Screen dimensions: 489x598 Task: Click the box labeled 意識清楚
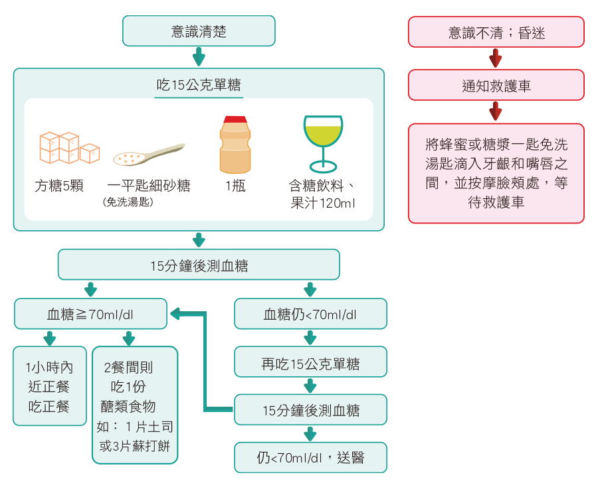tap(199, 31)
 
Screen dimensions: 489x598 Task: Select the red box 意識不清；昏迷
tap(496, 32)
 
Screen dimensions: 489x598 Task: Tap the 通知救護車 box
tap(496, 85)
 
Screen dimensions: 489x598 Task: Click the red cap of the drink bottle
tap(235, 120)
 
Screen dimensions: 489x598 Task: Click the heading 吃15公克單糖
tap(199, 85)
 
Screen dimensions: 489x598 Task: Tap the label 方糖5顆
tap(59, 186)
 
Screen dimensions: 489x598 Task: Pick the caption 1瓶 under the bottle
tap(235, 186)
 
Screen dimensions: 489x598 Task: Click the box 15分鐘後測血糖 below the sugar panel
tap(199, 265)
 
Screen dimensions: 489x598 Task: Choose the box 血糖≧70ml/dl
tap(90, 314)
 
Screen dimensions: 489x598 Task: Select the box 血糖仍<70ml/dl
tap(310, 314)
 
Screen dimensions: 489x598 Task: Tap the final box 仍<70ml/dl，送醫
tap(310, 458)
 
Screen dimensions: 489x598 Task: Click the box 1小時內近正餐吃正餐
tap(50, 386)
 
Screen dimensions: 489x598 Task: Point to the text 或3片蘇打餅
tap(135, 446)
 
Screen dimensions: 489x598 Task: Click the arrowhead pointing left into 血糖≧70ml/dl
tap(175, 313)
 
